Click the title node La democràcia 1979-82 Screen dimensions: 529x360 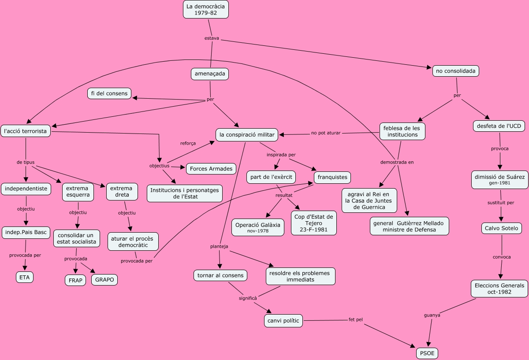tap(206, 10)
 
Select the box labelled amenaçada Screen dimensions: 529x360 tap(210, 74)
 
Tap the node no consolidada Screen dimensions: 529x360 tap(455, 71)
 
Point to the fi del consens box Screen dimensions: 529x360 tap(109, 93)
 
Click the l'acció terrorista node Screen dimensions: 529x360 tap(26, 131)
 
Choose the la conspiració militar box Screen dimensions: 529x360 tap(247, 135)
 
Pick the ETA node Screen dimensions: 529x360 tap(24, 277)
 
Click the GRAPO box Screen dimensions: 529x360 tap(104, 279)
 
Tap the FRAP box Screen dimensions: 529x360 tap(76, 281)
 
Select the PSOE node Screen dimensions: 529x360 tap(427, 353)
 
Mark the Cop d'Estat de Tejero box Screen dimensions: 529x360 tap(313, 223)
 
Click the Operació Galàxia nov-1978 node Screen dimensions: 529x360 tap(258, 227)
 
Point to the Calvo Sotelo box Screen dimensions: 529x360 tap(502, 228)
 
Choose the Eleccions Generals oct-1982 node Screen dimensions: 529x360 tap(499, 289)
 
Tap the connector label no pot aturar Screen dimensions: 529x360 tap(326, 133)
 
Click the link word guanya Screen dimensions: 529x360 tap(432, 315)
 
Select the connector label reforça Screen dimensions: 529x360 tap(188, 143)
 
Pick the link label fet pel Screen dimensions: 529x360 tap(355, 319)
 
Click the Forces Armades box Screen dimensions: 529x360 tap(212, 169)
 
